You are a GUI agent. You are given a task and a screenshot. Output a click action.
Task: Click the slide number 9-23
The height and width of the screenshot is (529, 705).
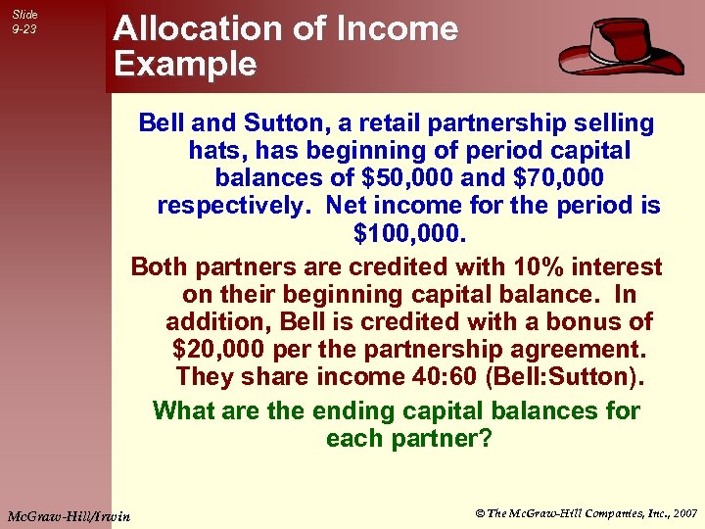click(23, 29)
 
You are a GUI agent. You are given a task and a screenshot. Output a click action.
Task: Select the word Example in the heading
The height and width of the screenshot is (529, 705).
click(185, 65)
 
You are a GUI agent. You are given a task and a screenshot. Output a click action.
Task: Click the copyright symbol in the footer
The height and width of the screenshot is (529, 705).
click(480, 511)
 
